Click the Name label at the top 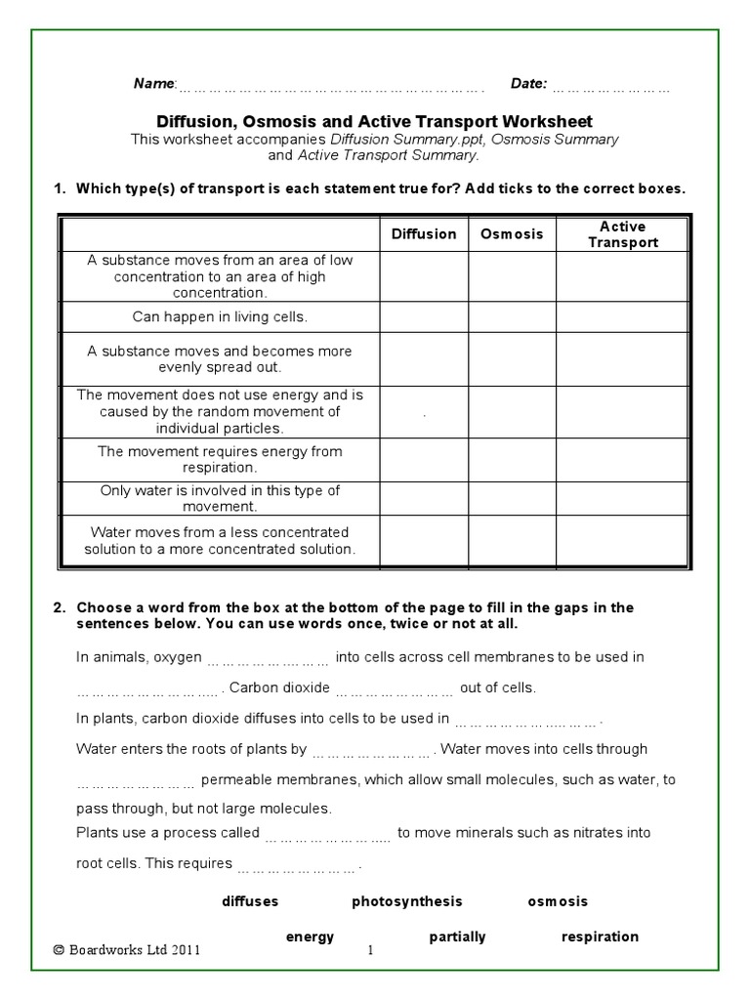point(154,84)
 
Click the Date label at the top point(528,84)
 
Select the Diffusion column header point(424,234)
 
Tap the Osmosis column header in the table point(512,234)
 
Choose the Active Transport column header point(623,234)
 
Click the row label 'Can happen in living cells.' point(220,317)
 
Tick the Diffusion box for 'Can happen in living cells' point(424,317)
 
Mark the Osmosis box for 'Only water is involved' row point(512,498)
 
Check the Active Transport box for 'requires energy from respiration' point(623,459)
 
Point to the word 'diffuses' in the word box point(250,901)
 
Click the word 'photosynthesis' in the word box point(407,901)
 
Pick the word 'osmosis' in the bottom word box point(558,901)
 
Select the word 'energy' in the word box point(310,937)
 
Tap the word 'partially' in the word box point(457,937)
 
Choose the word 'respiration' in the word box point(600,937)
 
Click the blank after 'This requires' point(299,865)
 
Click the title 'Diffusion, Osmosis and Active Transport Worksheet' point(375,122)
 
